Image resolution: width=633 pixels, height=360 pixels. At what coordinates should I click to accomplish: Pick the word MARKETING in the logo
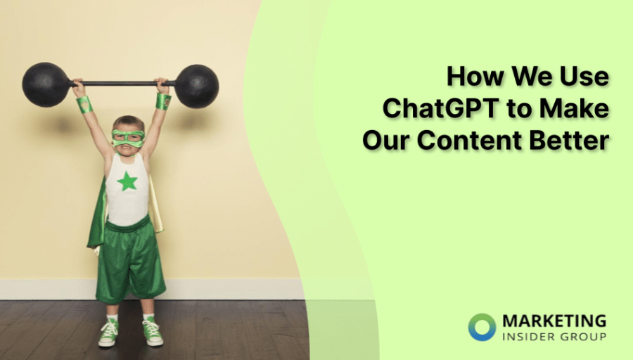point(554,321)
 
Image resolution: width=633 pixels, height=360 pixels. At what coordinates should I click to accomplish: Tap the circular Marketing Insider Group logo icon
point(482,327)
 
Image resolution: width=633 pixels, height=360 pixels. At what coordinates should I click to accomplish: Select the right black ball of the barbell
point(197,86)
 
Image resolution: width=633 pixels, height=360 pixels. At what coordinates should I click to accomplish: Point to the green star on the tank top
point(127,181)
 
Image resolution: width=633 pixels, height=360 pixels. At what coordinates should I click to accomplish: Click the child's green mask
point(128,137)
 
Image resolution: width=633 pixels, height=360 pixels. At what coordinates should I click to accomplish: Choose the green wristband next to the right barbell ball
point(163,101)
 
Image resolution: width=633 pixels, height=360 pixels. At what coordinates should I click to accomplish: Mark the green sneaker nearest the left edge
point(108,333)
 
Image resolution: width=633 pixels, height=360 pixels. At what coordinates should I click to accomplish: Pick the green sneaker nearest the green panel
point(153,331)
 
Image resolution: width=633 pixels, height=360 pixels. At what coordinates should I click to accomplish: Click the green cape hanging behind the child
point(96,218)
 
